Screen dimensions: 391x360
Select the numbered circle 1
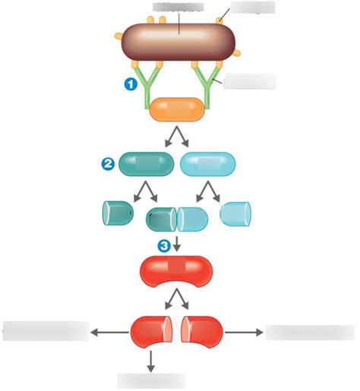click(132, 85)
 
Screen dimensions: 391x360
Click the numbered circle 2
click(109, 162)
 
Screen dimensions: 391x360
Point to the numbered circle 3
click(163, 244)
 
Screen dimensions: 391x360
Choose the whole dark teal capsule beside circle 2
click(147, 162)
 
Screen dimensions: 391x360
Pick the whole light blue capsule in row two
click(208, 162)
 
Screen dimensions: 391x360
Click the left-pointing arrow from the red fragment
click(109, 331)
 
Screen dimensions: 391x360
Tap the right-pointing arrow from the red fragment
click(243, 331)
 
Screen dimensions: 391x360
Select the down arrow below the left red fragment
click(150, 360)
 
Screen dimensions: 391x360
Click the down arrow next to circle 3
click(177, 244)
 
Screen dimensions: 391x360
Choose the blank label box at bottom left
click(46, 331)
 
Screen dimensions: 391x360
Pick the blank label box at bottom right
click(309, 332)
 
